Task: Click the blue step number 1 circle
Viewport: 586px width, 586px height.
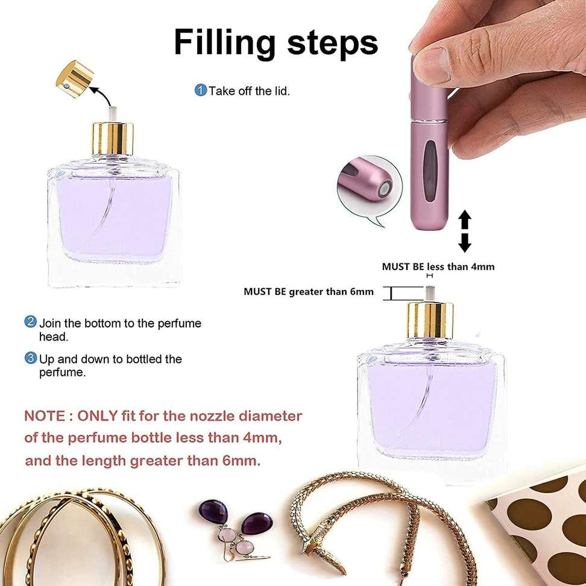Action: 200,90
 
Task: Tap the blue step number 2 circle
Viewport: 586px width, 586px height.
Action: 31,322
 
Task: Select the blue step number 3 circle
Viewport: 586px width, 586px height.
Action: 31,358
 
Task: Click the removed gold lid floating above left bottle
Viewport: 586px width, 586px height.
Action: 75,77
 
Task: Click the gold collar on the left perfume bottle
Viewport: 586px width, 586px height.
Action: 113,139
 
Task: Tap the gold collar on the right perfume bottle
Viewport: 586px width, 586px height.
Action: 430,319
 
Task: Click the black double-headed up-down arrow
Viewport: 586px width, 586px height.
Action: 464,231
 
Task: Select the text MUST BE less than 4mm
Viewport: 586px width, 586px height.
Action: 438,266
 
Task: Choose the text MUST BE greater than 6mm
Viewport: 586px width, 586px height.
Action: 308,292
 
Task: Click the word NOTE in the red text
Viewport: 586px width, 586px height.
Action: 44,416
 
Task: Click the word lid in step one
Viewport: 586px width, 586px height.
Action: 282,91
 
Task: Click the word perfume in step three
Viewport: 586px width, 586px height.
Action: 62,373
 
